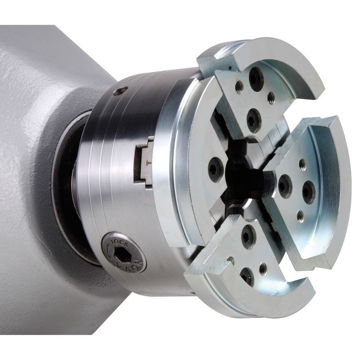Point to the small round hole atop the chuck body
point(120,92)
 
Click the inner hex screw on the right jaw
point(284,186)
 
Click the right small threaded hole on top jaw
point(270,98)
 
